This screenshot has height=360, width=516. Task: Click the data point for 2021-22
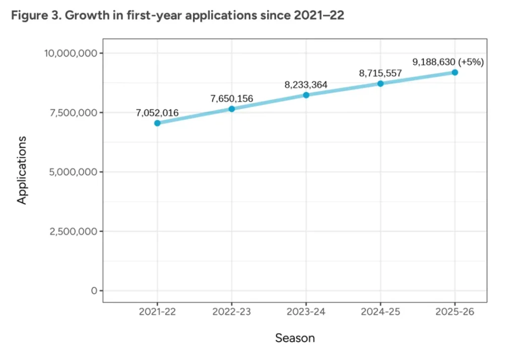(157, 123)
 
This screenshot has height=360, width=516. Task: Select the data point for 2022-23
(232, 109)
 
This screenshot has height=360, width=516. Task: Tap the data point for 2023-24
(306, 95)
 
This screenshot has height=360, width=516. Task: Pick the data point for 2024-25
(380, 83)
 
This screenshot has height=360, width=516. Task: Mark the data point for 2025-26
(455, 72)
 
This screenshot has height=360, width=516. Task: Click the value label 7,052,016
(157, 112)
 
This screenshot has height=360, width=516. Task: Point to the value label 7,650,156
(232, 98)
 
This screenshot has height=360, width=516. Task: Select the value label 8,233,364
(306, 85)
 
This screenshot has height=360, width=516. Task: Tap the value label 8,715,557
(380, 73)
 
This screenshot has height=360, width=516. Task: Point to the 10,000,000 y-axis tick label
(71, 53)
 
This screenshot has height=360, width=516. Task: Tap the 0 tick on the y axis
(94, 291)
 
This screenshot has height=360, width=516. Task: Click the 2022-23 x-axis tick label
(232, 312)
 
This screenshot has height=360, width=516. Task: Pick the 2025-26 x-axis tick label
(455, 312)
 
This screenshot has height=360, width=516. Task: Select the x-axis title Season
(295, 338)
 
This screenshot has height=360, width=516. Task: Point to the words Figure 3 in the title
(32, 16)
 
